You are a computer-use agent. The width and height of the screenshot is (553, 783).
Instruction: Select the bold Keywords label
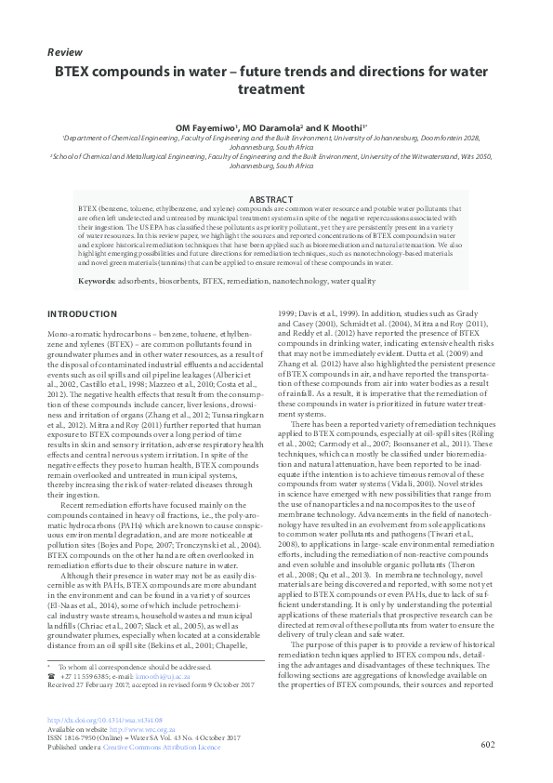tap(98, 279)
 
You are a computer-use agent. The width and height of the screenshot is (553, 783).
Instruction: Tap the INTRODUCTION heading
tap(82, 314)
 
